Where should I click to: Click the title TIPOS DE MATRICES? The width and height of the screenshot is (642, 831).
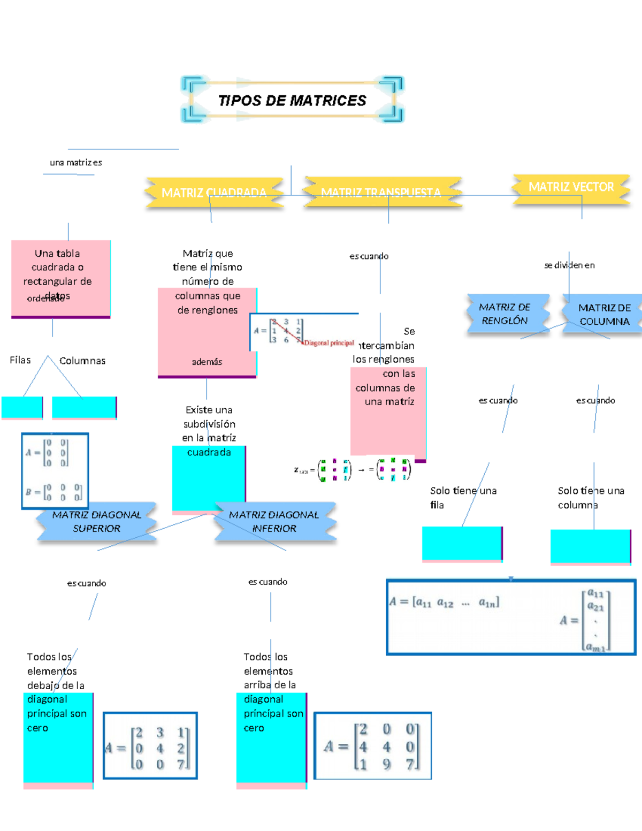pos(292,101)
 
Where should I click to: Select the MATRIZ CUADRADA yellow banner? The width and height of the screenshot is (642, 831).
pos(214,193)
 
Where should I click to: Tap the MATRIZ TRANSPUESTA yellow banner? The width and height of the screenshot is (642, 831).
pos(381,192)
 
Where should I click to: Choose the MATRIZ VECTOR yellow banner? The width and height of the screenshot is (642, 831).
pos(571,187)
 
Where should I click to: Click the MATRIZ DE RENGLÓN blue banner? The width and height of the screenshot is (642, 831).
pos(505,314)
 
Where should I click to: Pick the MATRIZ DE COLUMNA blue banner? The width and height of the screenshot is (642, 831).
pos(604,315)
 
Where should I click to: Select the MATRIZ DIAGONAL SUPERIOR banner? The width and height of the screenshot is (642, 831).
pos(97,522)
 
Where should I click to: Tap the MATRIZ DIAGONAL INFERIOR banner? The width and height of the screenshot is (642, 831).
pos(274,522)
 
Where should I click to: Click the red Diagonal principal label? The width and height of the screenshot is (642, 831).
pos(329,343)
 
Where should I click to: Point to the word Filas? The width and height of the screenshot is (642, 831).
pos(20,360)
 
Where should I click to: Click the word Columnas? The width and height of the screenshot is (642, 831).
pos(82,361)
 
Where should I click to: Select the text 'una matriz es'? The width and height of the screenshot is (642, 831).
pos(76,163)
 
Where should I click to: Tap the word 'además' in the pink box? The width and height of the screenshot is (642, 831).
pos(207,362)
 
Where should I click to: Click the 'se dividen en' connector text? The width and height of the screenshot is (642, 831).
pos(569,265)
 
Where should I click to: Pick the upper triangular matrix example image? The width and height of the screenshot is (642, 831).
pos(150,746)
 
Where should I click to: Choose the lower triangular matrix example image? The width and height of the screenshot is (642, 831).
pos(372,746)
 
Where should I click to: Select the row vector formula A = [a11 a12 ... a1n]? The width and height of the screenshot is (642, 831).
pos(445,603)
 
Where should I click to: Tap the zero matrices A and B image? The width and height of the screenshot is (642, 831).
pos(55,471)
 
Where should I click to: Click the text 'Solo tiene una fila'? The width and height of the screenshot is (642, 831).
pos(463,498)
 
